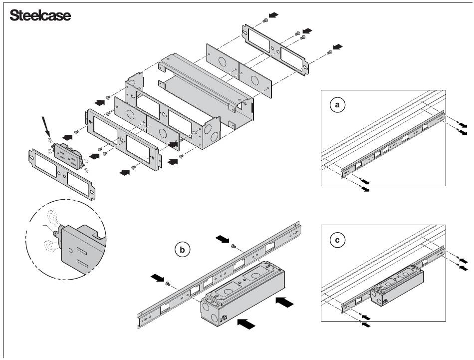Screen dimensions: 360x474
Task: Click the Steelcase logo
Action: [40, 15]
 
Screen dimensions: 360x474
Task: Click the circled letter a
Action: [338, 105]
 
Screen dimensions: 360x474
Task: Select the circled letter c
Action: [338, 240]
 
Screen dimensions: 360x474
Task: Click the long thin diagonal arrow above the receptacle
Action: [45, 125]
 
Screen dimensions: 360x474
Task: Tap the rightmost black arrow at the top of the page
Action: [338, 46]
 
